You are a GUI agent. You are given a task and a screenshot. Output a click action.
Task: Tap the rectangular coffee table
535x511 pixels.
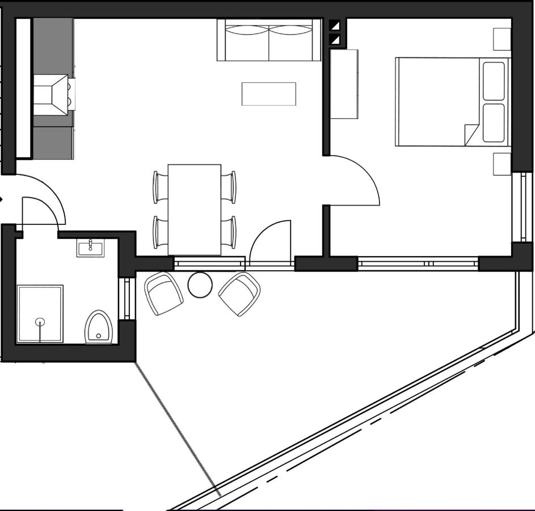coord(269,94)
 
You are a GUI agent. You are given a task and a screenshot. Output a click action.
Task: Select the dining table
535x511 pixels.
coord(195,210)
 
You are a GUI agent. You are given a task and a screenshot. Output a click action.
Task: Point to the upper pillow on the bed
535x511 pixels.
coord(493,80)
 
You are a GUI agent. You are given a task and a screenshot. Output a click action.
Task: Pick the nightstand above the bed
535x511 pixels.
coord(502,39)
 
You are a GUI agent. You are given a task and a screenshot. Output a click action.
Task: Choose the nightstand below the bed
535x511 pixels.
coord(502,164)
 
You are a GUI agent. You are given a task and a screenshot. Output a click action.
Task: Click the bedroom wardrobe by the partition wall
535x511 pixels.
coord(344,84)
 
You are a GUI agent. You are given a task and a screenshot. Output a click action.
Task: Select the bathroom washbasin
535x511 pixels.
coord(90,248)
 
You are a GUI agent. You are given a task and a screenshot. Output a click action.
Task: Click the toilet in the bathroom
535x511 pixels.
coord(98,328)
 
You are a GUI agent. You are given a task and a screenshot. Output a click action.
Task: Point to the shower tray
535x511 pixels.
coord(40,313)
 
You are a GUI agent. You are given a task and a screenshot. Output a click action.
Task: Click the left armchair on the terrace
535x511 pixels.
coord(163,293)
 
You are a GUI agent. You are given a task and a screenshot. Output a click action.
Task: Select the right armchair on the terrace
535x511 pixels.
coord(239,293)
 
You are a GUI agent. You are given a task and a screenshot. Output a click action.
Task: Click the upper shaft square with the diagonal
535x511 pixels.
coord(335,26)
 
